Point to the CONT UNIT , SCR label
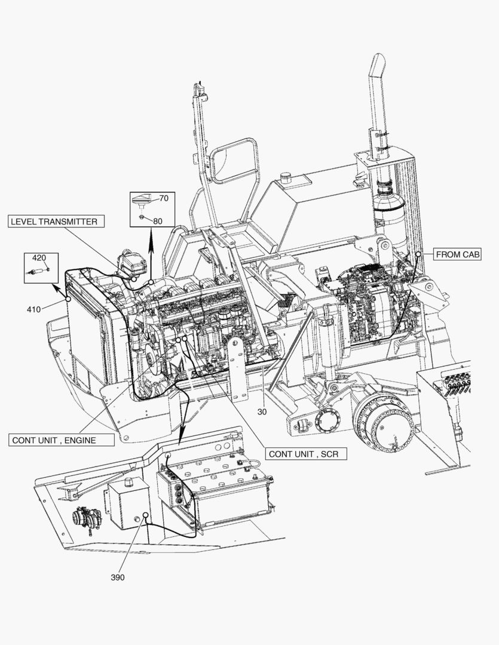point(303,454)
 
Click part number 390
point(118,578)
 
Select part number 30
point(262,411)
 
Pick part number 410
point(33,309)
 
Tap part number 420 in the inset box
point(39,258)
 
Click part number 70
point(163,197)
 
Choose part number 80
point(157,220)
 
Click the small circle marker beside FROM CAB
point(418,254)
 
